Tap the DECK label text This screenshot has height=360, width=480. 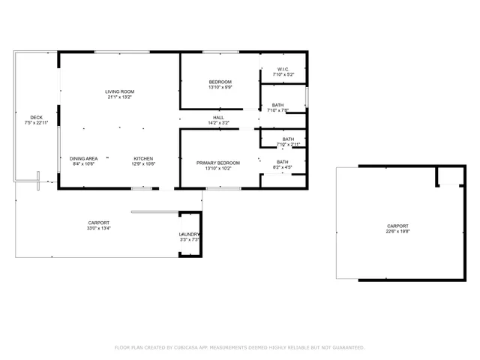[36, 117]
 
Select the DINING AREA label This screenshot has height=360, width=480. [84, 158]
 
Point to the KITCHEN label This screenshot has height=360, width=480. [143, 158]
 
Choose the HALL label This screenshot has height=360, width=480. [218, 118]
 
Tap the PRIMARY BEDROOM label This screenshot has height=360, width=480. [218, 163]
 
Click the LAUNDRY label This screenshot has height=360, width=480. [189, 235]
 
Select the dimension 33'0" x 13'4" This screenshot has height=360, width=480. [98, 228]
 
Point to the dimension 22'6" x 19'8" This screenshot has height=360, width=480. [397, 231]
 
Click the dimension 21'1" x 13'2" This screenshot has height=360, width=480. [120, 97]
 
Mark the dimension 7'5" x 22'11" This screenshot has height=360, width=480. [36, 122]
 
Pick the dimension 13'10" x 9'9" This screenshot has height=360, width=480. [220, 87]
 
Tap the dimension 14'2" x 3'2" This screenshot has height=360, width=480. [218, 123]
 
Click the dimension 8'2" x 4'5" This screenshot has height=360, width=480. [283, 167]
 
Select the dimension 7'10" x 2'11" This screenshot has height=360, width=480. [288, 144]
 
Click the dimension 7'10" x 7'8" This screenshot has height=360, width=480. [278, 110]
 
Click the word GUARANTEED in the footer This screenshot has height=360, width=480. [347, 347]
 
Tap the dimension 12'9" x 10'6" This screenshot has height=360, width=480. [143, 163]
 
